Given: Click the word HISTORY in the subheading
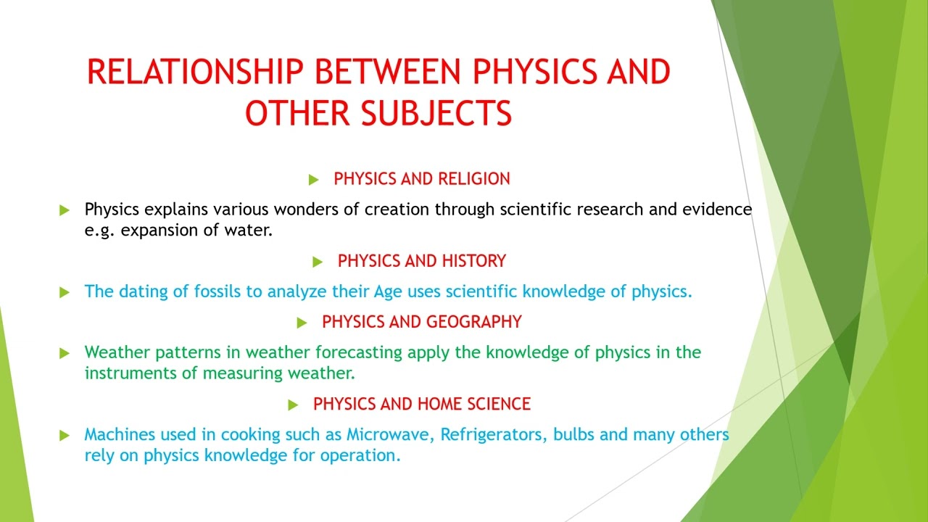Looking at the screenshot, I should [x=472, y=261].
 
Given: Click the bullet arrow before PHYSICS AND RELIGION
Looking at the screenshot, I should [x=313, y=179].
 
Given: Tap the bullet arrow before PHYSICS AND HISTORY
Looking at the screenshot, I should [x=318, y=261].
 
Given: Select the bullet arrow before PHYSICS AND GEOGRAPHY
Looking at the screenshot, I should [x=302, y=322].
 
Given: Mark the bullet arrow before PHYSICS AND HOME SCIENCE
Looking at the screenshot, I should [x=293, y=405].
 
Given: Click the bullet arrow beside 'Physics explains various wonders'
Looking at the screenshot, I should [x=65, y=210].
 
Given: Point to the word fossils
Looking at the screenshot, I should [x=217, y=291].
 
